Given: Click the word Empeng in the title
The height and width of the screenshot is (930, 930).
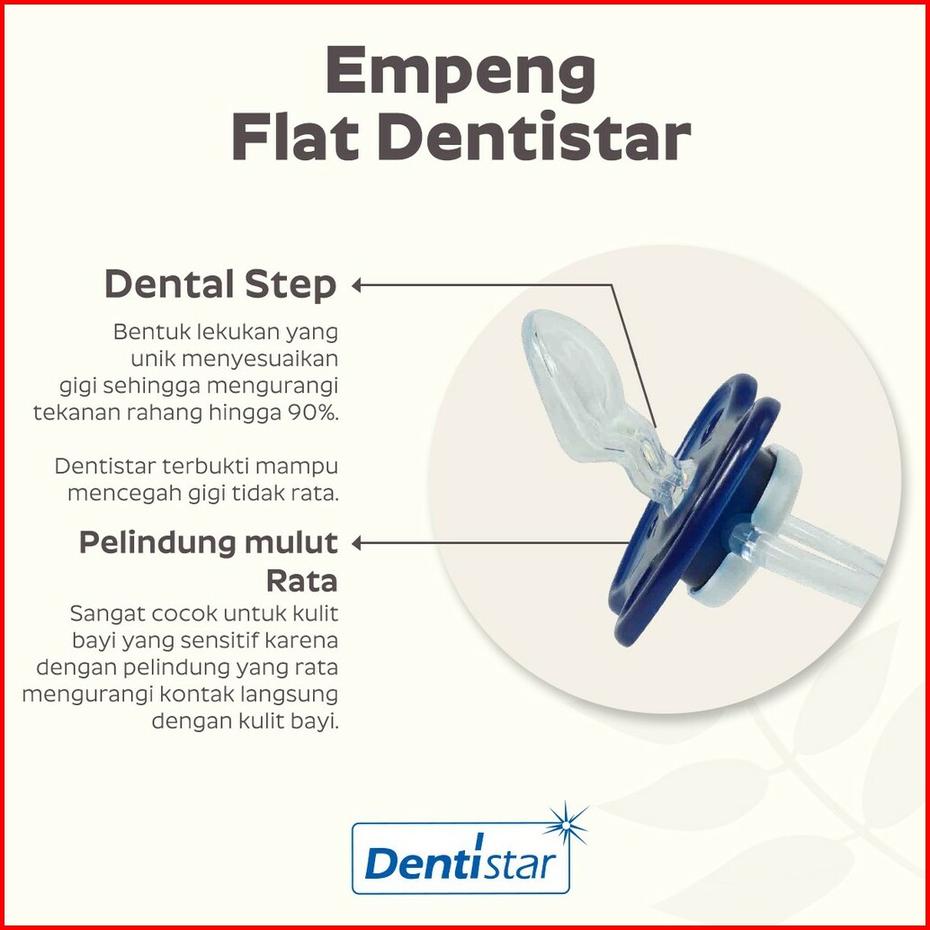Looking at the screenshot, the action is (x=461, y=75).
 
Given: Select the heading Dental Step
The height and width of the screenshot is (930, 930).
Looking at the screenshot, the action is (x=220, y=285).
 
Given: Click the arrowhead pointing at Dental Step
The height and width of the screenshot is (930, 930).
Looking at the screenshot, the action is (x=356, y=285).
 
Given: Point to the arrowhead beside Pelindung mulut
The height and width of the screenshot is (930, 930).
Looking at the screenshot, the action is (x=356, y=542).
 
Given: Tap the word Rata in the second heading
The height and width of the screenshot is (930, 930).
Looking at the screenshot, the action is (x=301, y=580).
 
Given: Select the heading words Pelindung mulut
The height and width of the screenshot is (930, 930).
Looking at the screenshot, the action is (x=208, y=542).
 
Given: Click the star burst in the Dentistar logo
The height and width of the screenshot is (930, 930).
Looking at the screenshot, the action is (x=566, y=825).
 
